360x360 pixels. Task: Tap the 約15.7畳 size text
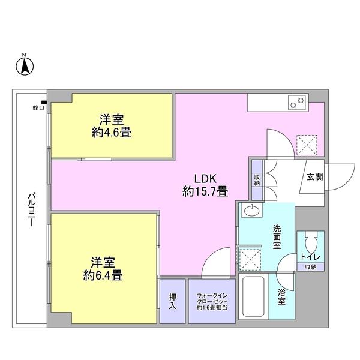[205, 192]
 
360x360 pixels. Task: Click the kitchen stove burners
[296, 103]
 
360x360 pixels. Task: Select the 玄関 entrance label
[315, 176]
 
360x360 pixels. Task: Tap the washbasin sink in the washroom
[250, 211]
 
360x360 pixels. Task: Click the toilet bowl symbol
[310, 242]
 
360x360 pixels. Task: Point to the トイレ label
[310, 257]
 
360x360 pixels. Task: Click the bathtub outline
[253, 298]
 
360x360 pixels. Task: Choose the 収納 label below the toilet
[310, 266]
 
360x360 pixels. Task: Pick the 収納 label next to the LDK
[257, 179]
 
